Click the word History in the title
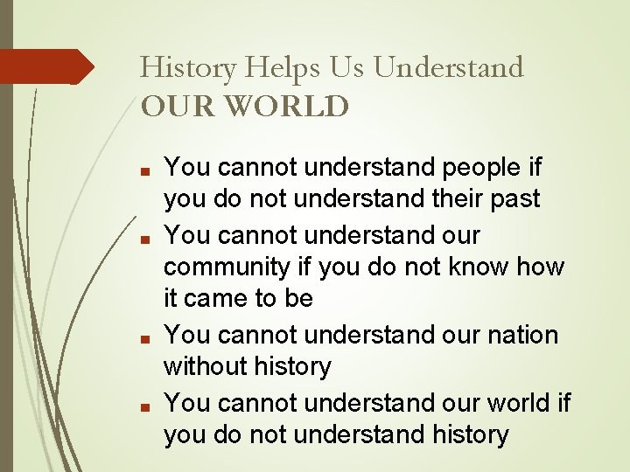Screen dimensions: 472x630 coord(189,67)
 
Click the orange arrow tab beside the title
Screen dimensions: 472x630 coord(48,66)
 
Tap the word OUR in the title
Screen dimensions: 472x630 coord(175,107)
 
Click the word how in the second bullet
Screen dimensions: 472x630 coord(542,267)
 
